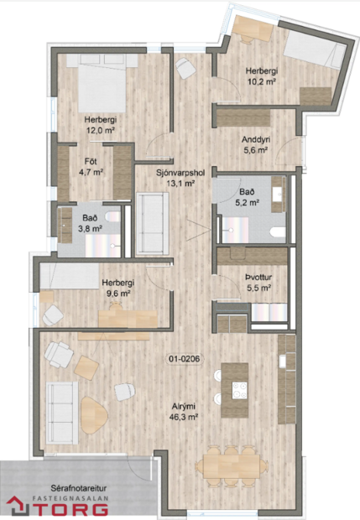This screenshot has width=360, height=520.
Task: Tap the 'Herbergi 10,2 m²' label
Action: tap(262, 77)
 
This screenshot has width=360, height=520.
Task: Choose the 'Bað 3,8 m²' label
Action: tap(91, 221)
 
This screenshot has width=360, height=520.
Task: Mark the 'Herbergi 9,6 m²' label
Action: tap(117, 289)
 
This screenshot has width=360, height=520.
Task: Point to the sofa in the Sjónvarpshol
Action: tap(152, 222)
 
